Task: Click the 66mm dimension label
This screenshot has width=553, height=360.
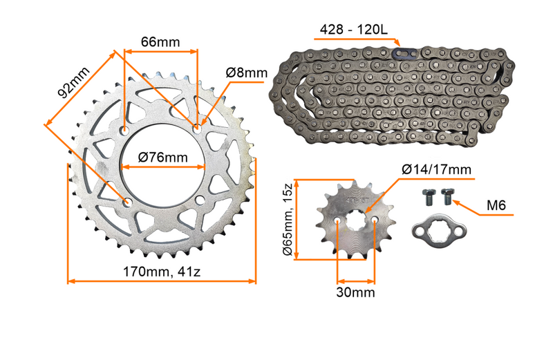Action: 160,42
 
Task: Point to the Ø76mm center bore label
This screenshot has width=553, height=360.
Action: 162,158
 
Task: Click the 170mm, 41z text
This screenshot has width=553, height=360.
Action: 161,272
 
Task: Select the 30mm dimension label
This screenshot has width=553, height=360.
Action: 355,292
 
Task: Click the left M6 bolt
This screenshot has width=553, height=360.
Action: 427,197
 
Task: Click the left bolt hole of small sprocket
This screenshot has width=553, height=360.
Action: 337,222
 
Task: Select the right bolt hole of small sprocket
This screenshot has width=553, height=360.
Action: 374,222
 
